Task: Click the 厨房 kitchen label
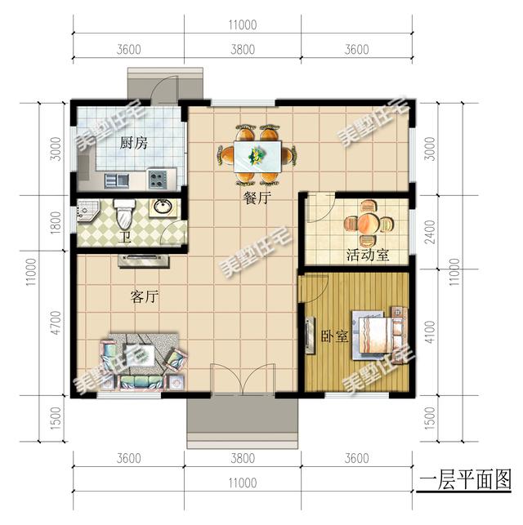pyautogui.click(x=133, y=144)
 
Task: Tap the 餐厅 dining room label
pyautogui.click(x=257, y=198)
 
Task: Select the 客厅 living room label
pyautogui.click(x=145, y=297)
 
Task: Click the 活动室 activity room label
pyautogui.click(x=367, y=255)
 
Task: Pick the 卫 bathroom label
pyautogui.click(x=124, y=238)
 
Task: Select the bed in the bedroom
pyautogui.click(x=377, y=333)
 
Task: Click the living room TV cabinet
pyautogui.click(x=144, y=260)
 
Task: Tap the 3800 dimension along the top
pyautogui.click(x=242, y=49)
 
